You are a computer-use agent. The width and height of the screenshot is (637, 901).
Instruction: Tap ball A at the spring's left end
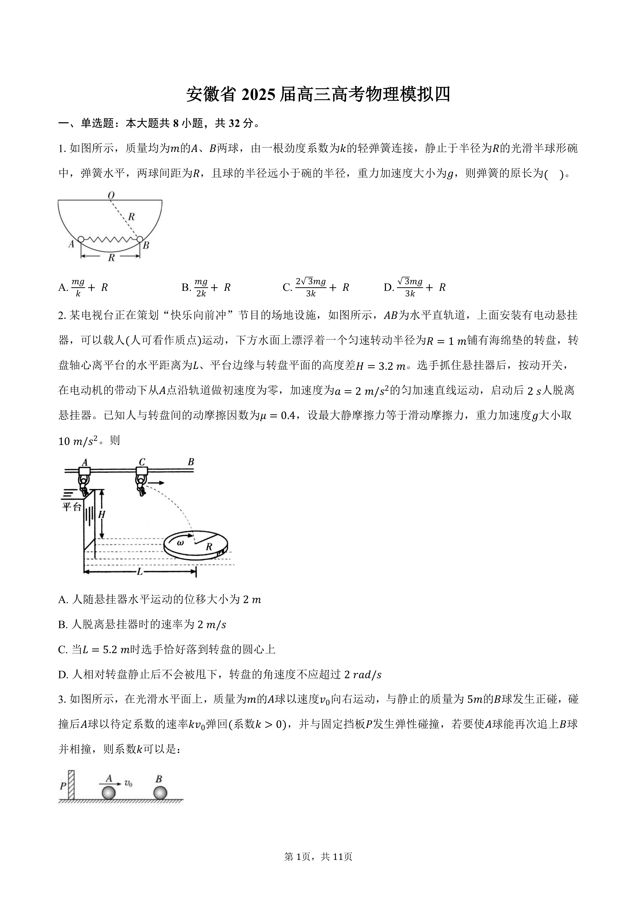[x=81, y=239]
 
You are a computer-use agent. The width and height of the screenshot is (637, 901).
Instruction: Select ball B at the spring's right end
[x=140, y=239]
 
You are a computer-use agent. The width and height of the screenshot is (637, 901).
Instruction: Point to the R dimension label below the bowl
[x=111, y=257]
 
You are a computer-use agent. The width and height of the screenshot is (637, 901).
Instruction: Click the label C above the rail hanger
[x=142, y=462]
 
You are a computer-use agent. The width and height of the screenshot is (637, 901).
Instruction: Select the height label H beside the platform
[x=102, y=514]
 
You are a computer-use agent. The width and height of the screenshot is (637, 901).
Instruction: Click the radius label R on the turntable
[x=209, y=546]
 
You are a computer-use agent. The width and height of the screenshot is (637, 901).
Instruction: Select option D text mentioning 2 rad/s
[x=220, y=675]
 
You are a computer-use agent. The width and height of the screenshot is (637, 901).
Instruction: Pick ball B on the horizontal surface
[x=160, y=792]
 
